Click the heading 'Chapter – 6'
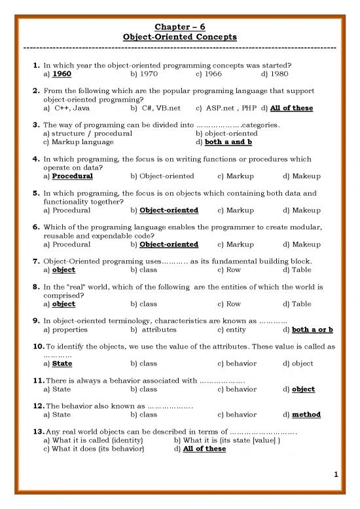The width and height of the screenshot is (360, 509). [179, 26]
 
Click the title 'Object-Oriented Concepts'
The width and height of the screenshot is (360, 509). [179, 37]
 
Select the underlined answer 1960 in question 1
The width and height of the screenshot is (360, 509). [62, 75]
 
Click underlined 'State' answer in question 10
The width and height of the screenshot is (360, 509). [62, 363]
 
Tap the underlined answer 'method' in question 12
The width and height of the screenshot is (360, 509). [306, 415]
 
